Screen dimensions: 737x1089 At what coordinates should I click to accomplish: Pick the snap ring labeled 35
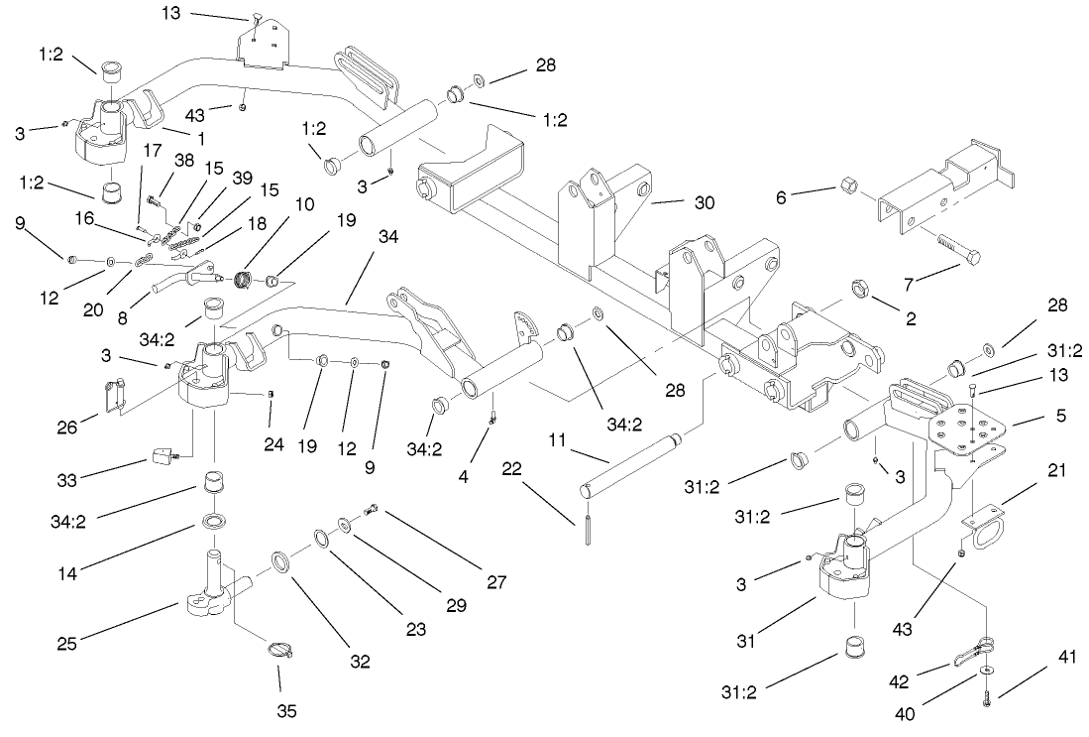(x=280, y=652)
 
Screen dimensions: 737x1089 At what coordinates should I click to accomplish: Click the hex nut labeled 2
(x=858, y=290)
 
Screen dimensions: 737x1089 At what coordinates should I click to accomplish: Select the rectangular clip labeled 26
(x=113, y=398)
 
